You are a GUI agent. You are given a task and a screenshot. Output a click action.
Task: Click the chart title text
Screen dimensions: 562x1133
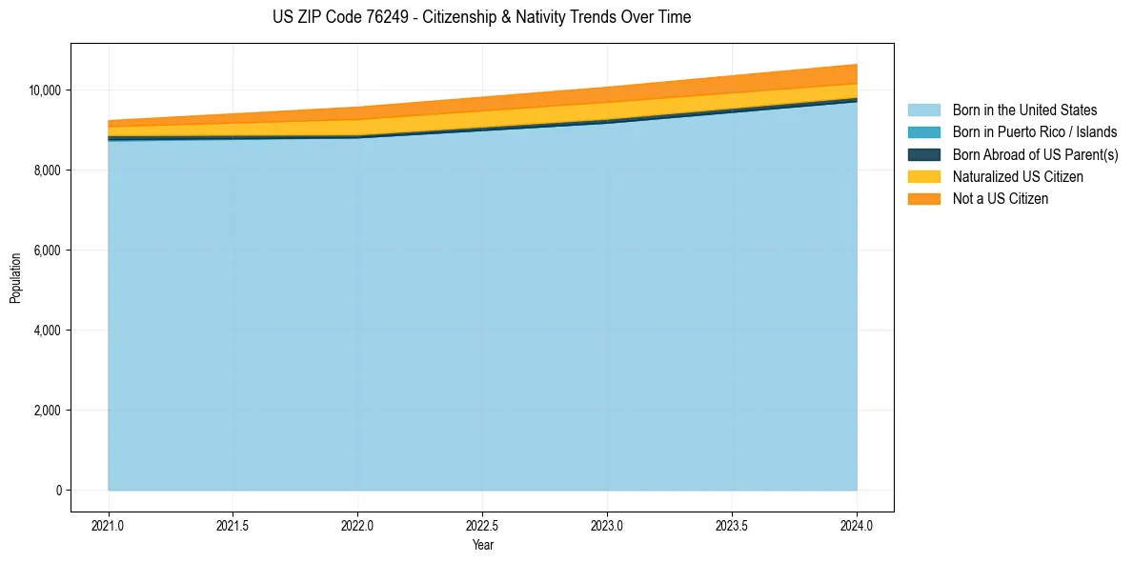(x=481, y=17)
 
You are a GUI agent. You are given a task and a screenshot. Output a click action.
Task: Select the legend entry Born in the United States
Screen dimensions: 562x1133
(x=1024, y=110)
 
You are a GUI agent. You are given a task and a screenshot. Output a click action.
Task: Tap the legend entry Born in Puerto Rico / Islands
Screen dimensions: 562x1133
(x=1035, y=132)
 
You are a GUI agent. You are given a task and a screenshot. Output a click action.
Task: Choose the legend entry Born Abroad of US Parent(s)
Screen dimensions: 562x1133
(x=1035, y=154)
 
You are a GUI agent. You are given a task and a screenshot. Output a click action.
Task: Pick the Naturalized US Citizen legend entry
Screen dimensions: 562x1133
(x=1018, y=177)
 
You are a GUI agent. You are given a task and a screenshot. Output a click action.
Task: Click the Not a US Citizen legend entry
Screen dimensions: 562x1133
(x=1001, y=199)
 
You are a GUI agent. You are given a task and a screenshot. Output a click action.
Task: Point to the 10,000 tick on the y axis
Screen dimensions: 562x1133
(x=45, y=90)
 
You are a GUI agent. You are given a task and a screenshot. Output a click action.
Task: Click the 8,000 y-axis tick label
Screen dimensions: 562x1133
(x=48, y=171)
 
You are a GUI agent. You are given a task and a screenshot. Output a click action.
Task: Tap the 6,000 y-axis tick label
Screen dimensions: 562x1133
(x=48, y=251)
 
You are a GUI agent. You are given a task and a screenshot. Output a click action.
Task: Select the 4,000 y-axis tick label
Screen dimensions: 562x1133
(x=48, y=331)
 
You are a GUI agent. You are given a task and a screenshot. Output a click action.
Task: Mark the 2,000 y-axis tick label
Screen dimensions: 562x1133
(x=48, y=411)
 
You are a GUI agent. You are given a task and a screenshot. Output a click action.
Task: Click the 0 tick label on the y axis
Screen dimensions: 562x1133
(x=58, y=491)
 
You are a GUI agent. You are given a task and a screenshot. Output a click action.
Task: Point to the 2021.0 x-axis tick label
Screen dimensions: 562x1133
(x=109, y=525)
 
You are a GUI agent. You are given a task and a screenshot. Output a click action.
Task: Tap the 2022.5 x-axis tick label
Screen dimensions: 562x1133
(x=483, y=525)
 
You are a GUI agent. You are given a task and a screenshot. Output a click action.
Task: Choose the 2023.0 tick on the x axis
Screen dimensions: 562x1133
(x=607, y=525)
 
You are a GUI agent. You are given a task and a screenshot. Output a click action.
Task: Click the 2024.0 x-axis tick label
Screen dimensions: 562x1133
(x=857, y=525)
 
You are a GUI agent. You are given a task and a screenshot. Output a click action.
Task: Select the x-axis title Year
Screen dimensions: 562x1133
(x=483, y=545)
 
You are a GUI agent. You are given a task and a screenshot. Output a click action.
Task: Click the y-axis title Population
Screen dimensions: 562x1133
(x=15, y=278)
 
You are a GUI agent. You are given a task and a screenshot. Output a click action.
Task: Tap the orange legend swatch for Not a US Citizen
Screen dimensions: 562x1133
(x=923, y=199)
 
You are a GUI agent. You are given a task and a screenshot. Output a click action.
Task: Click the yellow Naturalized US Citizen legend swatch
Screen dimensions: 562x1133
(x=923, y=177)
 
